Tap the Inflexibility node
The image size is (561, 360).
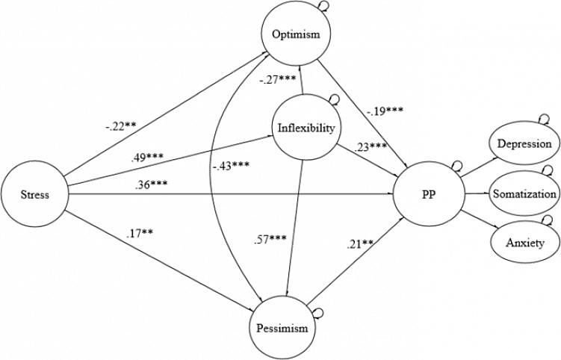coord(305,128)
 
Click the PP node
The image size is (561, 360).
coord(429,196)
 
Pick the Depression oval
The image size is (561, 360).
coord(524,144)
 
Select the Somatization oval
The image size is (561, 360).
coord(524,194)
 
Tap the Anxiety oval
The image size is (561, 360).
coord(524,243)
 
